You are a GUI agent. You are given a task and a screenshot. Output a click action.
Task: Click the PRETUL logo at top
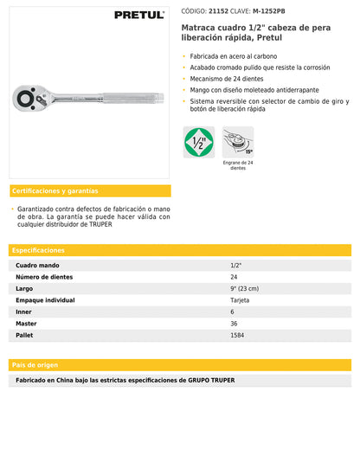[138, 15]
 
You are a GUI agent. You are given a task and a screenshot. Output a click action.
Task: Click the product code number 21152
[219, 10]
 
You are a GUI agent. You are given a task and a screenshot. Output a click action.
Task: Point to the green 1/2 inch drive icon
[199, 141]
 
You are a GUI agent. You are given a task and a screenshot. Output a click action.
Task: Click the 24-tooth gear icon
[238, 141]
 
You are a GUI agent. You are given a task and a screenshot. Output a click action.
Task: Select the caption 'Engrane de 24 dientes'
[238, 165]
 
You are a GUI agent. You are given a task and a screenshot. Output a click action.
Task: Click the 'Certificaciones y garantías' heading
[55, 190]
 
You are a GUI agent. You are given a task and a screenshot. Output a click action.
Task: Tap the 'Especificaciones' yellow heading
[38, 250]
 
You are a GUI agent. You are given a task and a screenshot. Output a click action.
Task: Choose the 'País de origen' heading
[35, 364]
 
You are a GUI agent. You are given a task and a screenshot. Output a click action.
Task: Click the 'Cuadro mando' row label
[37, 265]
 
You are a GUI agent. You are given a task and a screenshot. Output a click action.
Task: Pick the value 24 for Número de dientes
[234, 277]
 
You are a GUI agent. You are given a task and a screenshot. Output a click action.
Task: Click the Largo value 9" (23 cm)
[244, 288]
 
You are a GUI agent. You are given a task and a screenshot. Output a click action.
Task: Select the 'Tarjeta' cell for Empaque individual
[240, 299]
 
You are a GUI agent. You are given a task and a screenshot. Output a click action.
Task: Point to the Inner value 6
[232, 312]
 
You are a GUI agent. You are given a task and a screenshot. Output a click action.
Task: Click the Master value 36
[234, 323]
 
